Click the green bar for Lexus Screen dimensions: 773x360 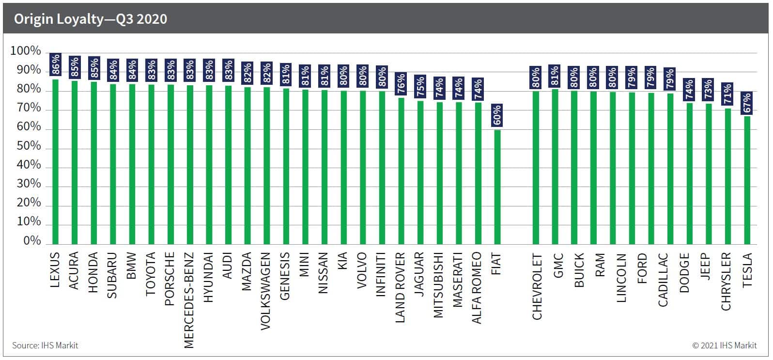pyautogui.click(x=55, y=162)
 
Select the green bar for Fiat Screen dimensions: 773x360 pyautogui.click(x=497, y=187)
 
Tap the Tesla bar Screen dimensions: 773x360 pyautogui.click(x=747, y=180)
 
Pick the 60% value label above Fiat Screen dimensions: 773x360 pyautogui.click(x=497, y=115)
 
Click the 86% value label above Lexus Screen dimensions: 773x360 pyautogui.click(x=55, y=64)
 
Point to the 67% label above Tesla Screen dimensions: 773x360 pyautogui.click(x=747, y=103)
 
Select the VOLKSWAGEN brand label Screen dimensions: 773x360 pyautogui.click(x=265, y=291)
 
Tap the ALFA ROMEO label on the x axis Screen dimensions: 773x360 pyautogui.click(x=477, y=288)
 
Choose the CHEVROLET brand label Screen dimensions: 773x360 pyautogui.click(x=537, y=286)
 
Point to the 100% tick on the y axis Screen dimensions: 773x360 pyautogui.click(x=26, y=51)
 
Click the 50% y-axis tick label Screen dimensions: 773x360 pyautogui.click(x=29, y=146)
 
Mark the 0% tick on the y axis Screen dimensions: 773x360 pyautogui.click(x=32, y=240)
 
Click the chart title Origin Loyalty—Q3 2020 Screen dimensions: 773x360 pyautogui.click(x=91, y=19)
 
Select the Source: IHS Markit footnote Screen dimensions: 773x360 pyautogui.click(x=45, y=345)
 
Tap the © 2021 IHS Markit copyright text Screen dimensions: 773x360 pyautogui.click(x=725, y=345)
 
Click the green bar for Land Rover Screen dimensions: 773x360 pyautogui.click(x=401, y=171)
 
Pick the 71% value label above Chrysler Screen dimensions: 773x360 pyautogui.click(x=728, y=94)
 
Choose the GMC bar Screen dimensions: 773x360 pyautogui.click(x=555, y=167)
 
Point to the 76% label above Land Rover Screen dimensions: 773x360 pyautogui.click(x=401, y=84)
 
